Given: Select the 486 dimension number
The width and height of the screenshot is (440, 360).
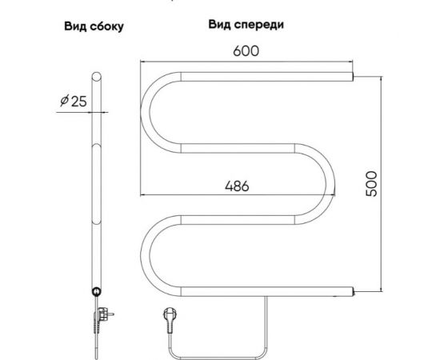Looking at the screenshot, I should [237, 185].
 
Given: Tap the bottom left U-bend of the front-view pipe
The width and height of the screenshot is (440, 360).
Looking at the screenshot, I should [153, 251].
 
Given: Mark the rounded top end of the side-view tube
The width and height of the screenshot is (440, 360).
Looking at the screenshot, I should [96, 78].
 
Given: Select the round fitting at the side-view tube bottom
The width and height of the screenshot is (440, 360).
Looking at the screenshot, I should [96, 293].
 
